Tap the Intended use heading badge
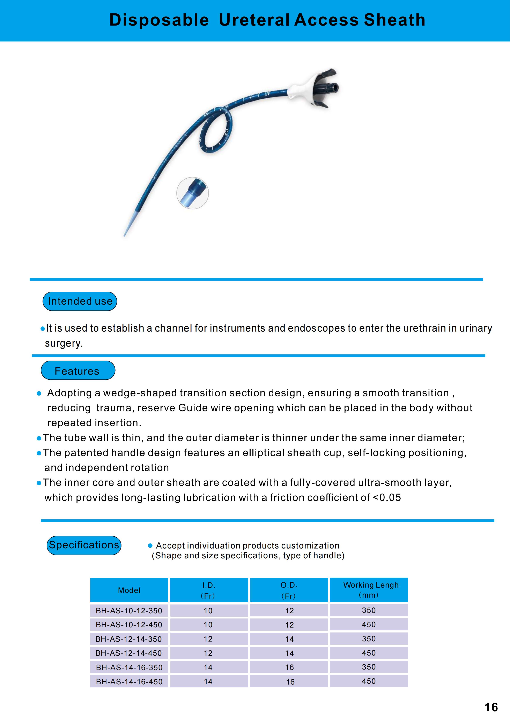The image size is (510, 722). coord(80,301)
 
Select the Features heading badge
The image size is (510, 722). coord(78,370)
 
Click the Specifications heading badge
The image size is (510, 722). coord(84,545)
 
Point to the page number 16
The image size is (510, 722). coord(491,707)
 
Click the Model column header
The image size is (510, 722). coord(129,590)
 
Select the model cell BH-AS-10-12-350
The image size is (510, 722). coord(129,611)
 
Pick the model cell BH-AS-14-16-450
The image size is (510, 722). coord(129,681)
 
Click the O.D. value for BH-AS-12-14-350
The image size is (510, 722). coord(289,639)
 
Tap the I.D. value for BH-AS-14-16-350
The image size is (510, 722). coord(208,667)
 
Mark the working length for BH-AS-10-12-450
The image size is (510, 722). coord(369,624)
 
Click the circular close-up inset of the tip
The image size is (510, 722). coord(192,193)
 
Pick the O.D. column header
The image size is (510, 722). coord(289,590)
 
